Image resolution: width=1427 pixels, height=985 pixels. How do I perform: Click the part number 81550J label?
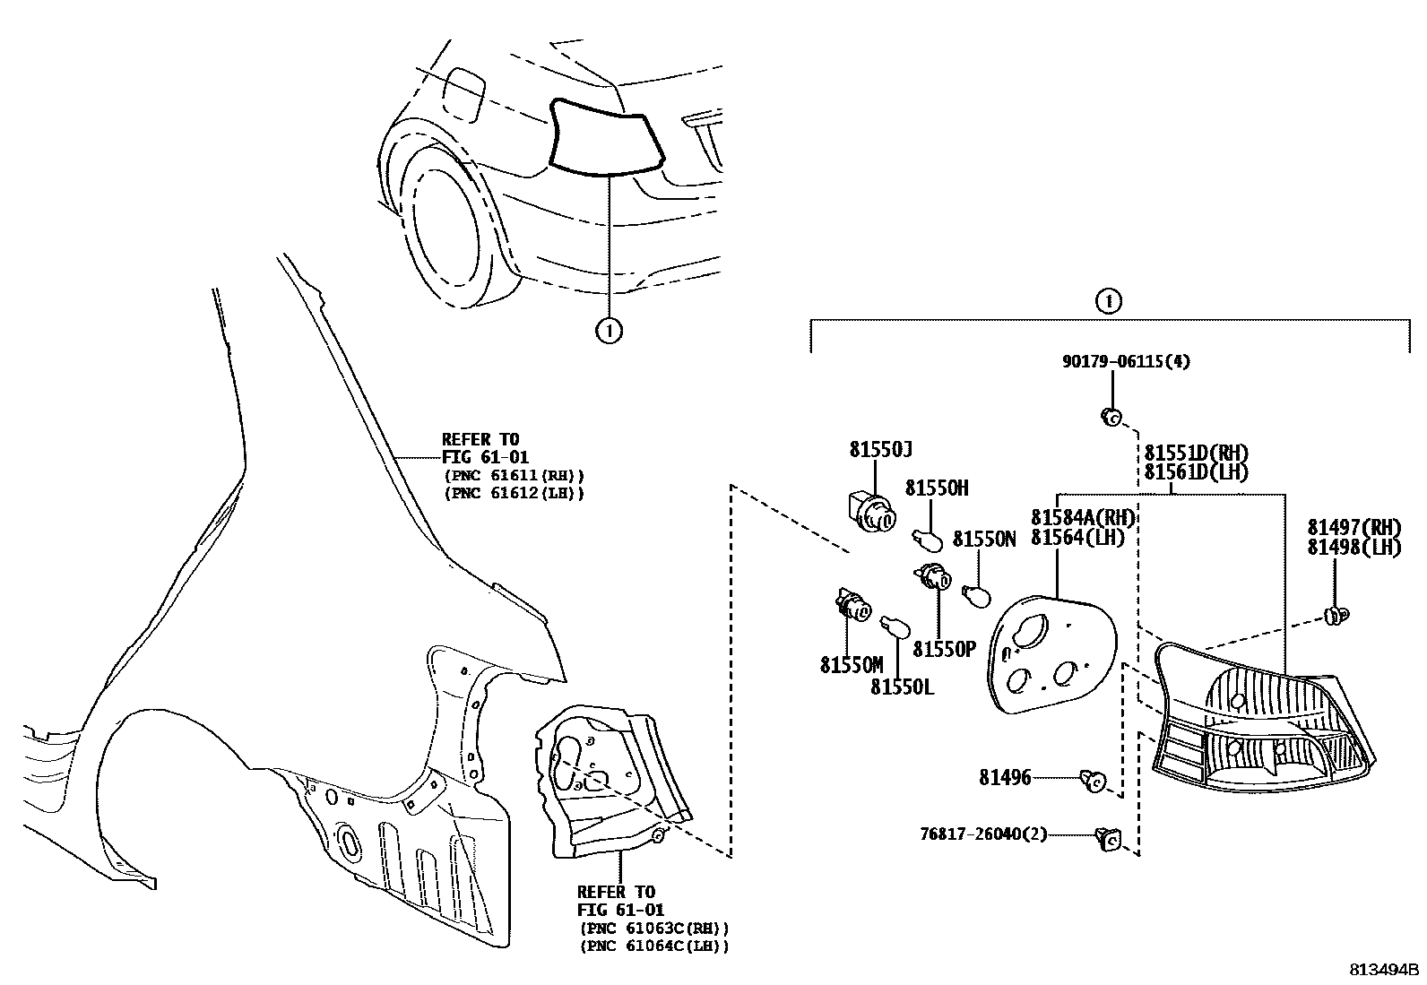[x=880, y=450]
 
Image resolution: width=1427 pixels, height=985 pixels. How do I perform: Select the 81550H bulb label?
[x=937, y=488]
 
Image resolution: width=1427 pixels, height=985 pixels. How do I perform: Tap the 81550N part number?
[x=983, y=540]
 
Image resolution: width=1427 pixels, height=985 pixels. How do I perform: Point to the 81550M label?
[x=851, y=665]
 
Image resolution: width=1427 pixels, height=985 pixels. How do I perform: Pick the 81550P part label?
[x=944, y=649]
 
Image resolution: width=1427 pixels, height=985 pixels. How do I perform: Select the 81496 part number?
[x=1005, y=778]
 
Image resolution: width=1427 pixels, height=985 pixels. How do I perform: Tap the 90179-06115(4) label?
[x=1127, y=362]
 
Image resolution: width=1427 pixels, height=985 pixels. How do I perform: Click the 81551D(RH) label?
[x=1196, y=454]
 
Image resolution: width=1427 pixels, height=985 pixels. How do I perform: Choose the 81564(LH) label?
[x=1077, y=537]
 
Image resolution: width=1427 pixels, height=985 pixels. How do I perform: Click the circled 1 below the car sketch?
[x=609, y=331]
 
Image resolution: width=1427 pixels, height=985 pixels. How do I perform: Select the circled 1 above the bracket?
[x=1108, y=301]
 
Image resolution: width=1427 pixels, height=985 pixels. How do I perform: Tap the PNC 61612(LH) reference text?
[x=514, y=493]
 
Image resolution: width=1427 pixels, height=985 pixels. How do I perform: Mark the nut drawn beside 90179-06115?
[x=1111, y=417]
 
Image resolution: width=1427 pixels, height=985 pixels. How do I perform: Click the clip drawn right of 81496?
[x=1094, y=782]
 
